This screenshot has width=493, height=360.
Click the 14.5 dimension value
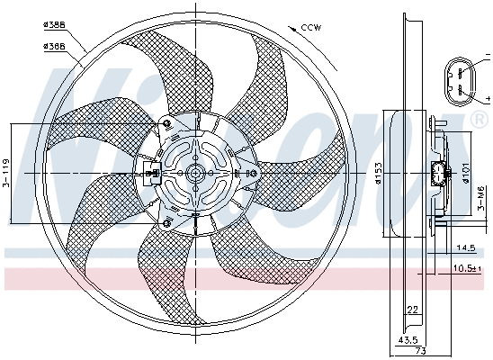tap(465, 247)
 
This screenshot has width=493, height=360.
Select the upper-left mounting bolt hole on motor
tap(166, 123)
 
